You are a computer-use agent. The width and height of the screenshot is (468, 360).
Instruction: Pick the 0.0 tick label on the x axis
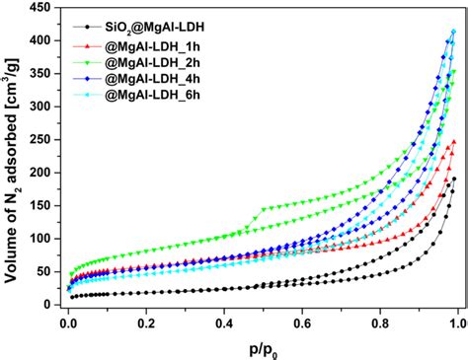coord(67,322)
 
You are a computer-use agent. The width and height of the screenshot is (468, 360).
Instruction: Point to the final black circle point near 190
coord(453,180)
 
